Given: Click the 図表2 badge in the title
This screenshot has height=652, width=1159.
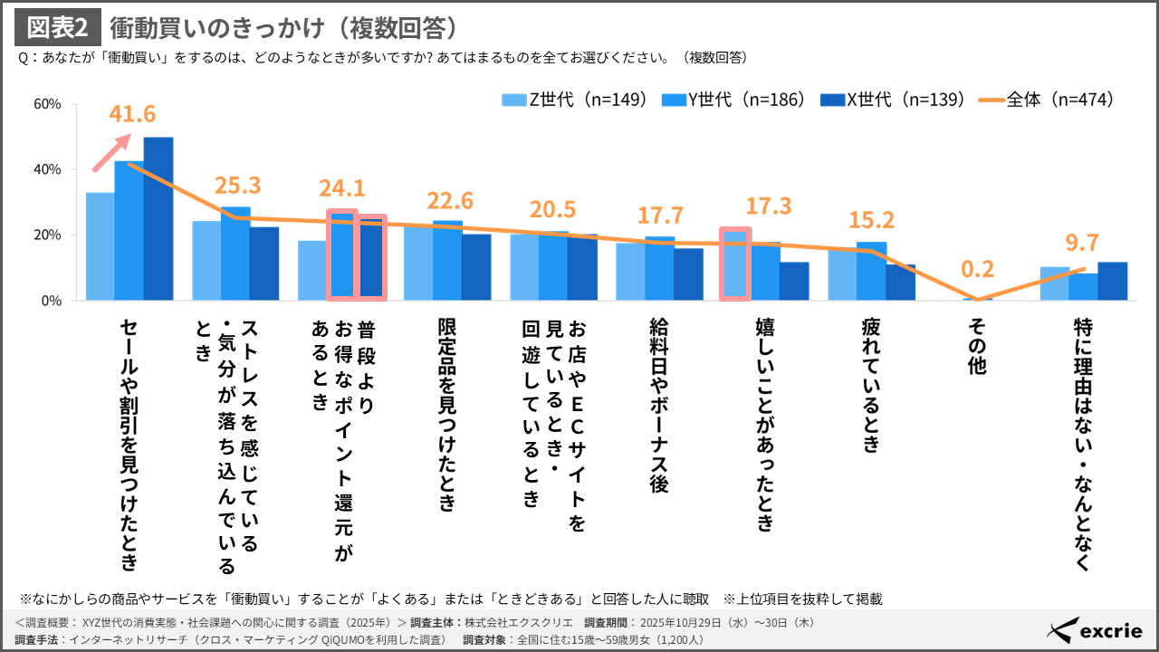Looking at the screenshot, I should pyautogui.click(x=58, y=28).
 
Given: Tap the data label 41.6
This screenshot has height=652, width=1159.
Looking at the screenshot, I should pyautogui.click(x=132, y=114).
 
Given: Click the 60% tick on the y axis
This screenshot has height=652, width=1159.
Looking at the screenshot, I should pyautogui.click(x=46, y=104).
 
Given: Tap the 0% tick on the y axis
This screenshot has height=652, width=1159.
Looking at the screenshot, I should pyautogui.click(x=50, y=301).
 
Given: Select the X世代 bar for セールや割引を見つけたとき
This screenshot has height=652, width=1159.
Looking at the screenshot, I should pyautogui.click(x=158, y=218).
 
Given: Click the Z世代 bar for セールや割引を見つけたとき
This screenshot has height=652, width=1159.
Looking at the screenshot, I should pyautogui.click(x=101, y=246).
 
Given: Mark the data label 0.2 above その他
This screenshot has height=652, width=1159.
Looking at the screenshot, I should pyautogui.click(x=977, y=270).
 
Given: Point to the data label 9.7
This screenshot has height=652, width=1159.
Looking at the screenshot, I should pyautogui.click(x=1082, y=243).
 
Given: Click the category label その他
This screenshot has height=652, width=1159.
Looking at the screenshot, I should pyautogui.click(x=977, y=345).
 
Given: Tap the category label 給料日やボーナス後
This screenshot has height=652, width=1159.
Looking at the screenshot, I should pyautogui.click(x=658, y=405).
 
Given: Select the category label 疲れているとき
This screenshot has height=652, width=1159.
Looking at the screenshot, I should pyautogui.click(x=870, y=384).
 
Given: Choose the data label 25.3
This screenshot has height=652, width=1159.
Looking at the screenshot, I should pyautogui.click(x=237, y=186).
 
